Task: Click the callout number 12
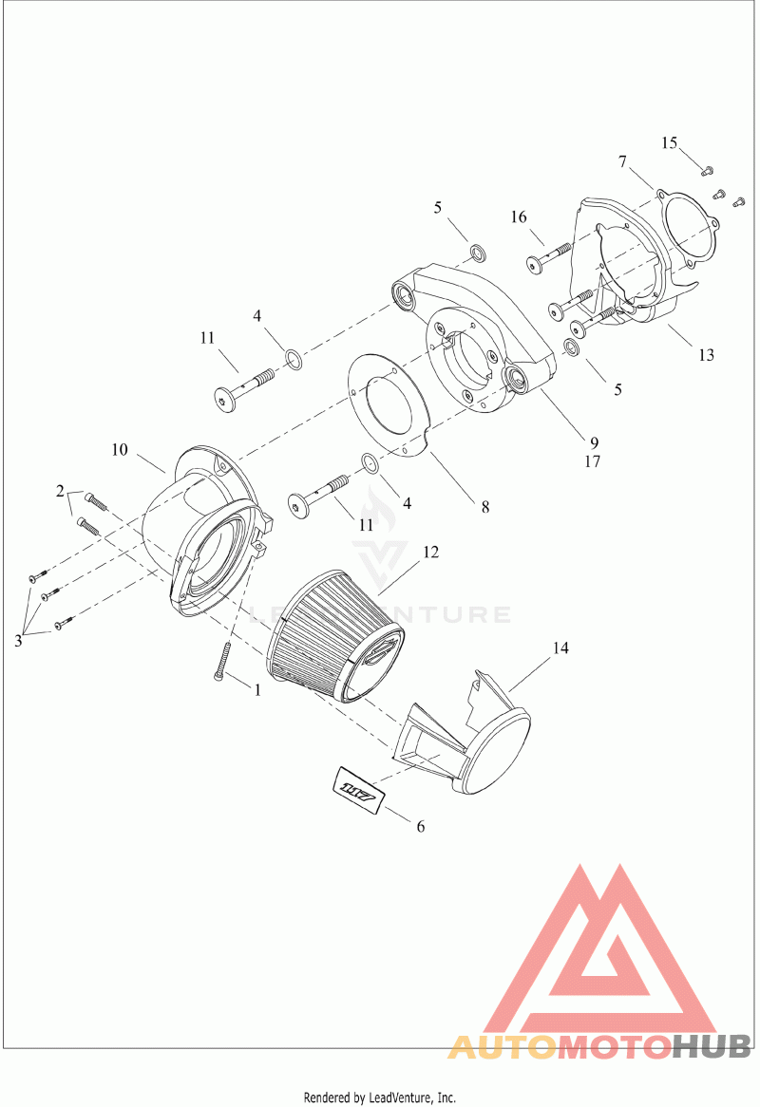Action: (x=431, y=553)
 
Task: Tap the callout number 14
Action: (x=560, y=647)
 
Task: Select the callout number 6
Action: (x=421, y=826)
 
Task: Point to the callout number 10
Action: (x=120, y=449)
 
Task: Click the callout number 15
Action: (x=670, y=143)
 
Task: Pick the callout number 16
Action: (x=519, y=216)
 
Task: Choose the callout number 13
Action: (x=706, y=354)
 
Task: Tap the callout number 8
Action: (x=485, y=507)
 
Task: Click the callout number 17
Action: (x=592, y=461)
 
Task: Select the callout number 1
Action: (x=257, y=690)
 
